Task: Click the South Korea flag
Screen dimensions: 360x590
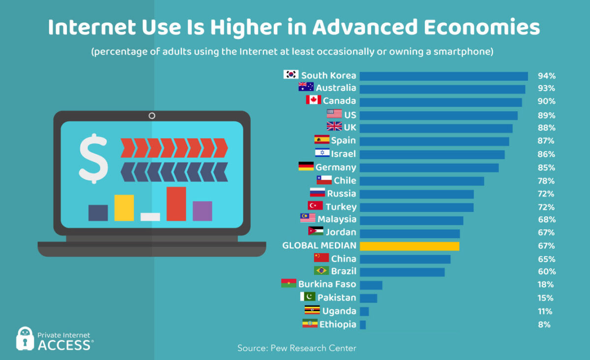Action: click(x=291, y=75)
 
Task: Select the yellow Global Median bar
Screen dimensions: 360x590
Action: click(x=410, y=246)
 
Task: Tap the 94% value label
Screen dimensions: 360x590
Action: click(x=546, y=76)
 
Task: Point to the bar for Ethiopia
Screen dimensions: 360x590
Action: click(x=363, y=325)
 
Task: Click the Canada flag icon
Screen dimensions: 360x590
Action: click(x=313, y=100)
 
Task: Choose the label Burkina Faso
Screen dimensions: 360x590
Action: click(x=327, y=284)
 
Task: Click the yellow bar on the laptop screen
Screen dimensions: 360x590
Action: click(x=124, y=208)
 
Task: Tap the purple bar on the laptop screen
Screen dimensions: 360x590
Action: click(x=202, y=210)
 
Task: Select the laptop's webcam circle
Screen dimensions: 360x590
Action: click(x=152, y=116)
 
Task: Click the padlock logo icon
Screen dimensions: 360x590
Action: click(x=25, y=339)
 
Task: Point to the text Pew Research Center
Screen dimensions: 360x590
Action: click(x=313, y=348)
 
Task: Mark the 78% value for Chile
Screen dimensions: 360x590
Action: click(x=546, y=181)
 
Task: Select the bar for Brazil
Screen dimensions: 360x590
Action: click(x=402, y=272)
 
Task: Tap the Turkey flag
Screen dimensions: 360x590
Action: click(x=315, y=206)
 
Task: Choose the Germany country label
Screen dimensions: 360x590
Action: click(x=335, y=167)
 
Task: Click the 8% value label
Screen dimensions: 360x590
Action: click(x=544, y=325)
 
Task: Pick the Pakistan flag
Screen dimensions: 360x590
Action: click(x=308, y=297)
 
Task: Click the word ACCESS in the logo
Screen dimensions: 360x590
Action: click(x=64, y=345)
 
